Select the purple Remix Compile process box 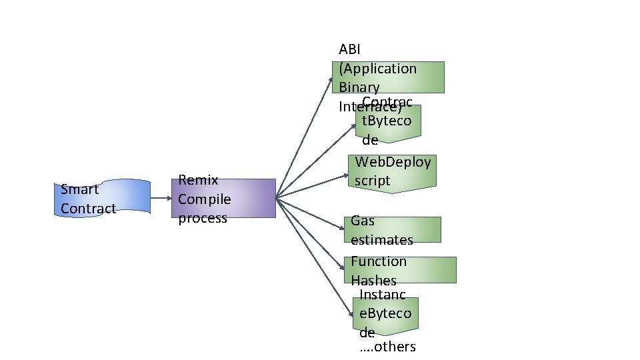223,198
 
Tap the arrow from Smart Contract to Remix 161,198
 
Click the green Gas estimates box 393,229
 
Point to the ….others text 387,347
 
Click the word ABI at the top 349,50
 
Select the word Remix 198,180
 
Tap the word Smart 79,189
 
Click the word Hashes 373,281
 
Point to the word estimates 381,240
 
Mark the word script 372,181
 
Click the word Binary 359,87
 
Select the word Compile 204,199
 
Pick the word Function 378,261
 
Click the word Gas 362,221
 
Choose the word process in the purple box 203,218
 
